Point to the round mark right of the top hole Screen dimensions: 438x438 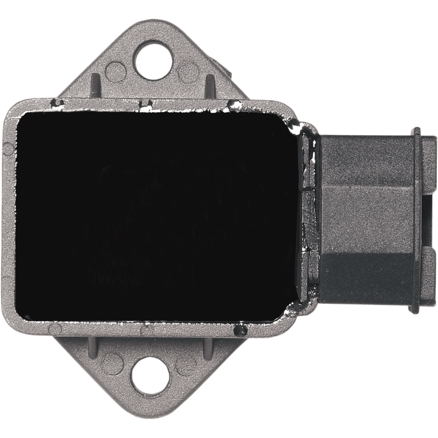click(189, 70)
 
